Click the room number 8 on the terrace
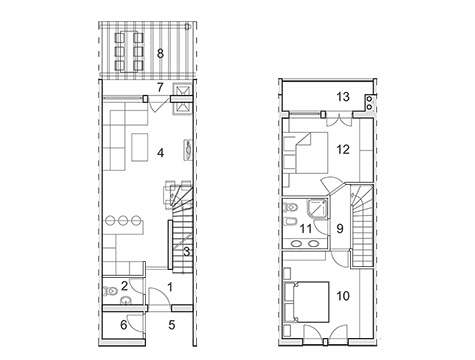pos(160,53)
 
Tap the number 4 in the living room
pos(161,153)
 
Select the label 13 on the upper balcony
pos(343,97)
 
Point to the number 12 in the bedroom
pos(343,149)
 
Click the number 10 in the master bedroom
pos(343,296)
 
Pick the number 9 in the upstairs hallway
pos(340,229)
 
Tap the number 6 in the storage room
pos(124,325)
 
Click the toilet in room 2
pos(111,291)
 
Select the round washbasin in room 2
pos(126,300)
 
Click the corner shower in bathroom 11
pos(316,208)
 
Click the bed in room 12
pos(307,153)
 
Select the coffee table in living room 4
pos(140,147)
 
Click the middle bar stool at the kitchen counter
pos(123,220)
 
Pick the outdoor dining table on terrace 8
pos(129,51)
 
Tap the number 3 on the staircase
pos(187,252)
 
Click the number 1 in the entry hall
pos(170,287)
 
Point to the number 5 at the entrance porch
pos(172,325)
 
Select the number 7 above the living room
pos(160,87)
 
